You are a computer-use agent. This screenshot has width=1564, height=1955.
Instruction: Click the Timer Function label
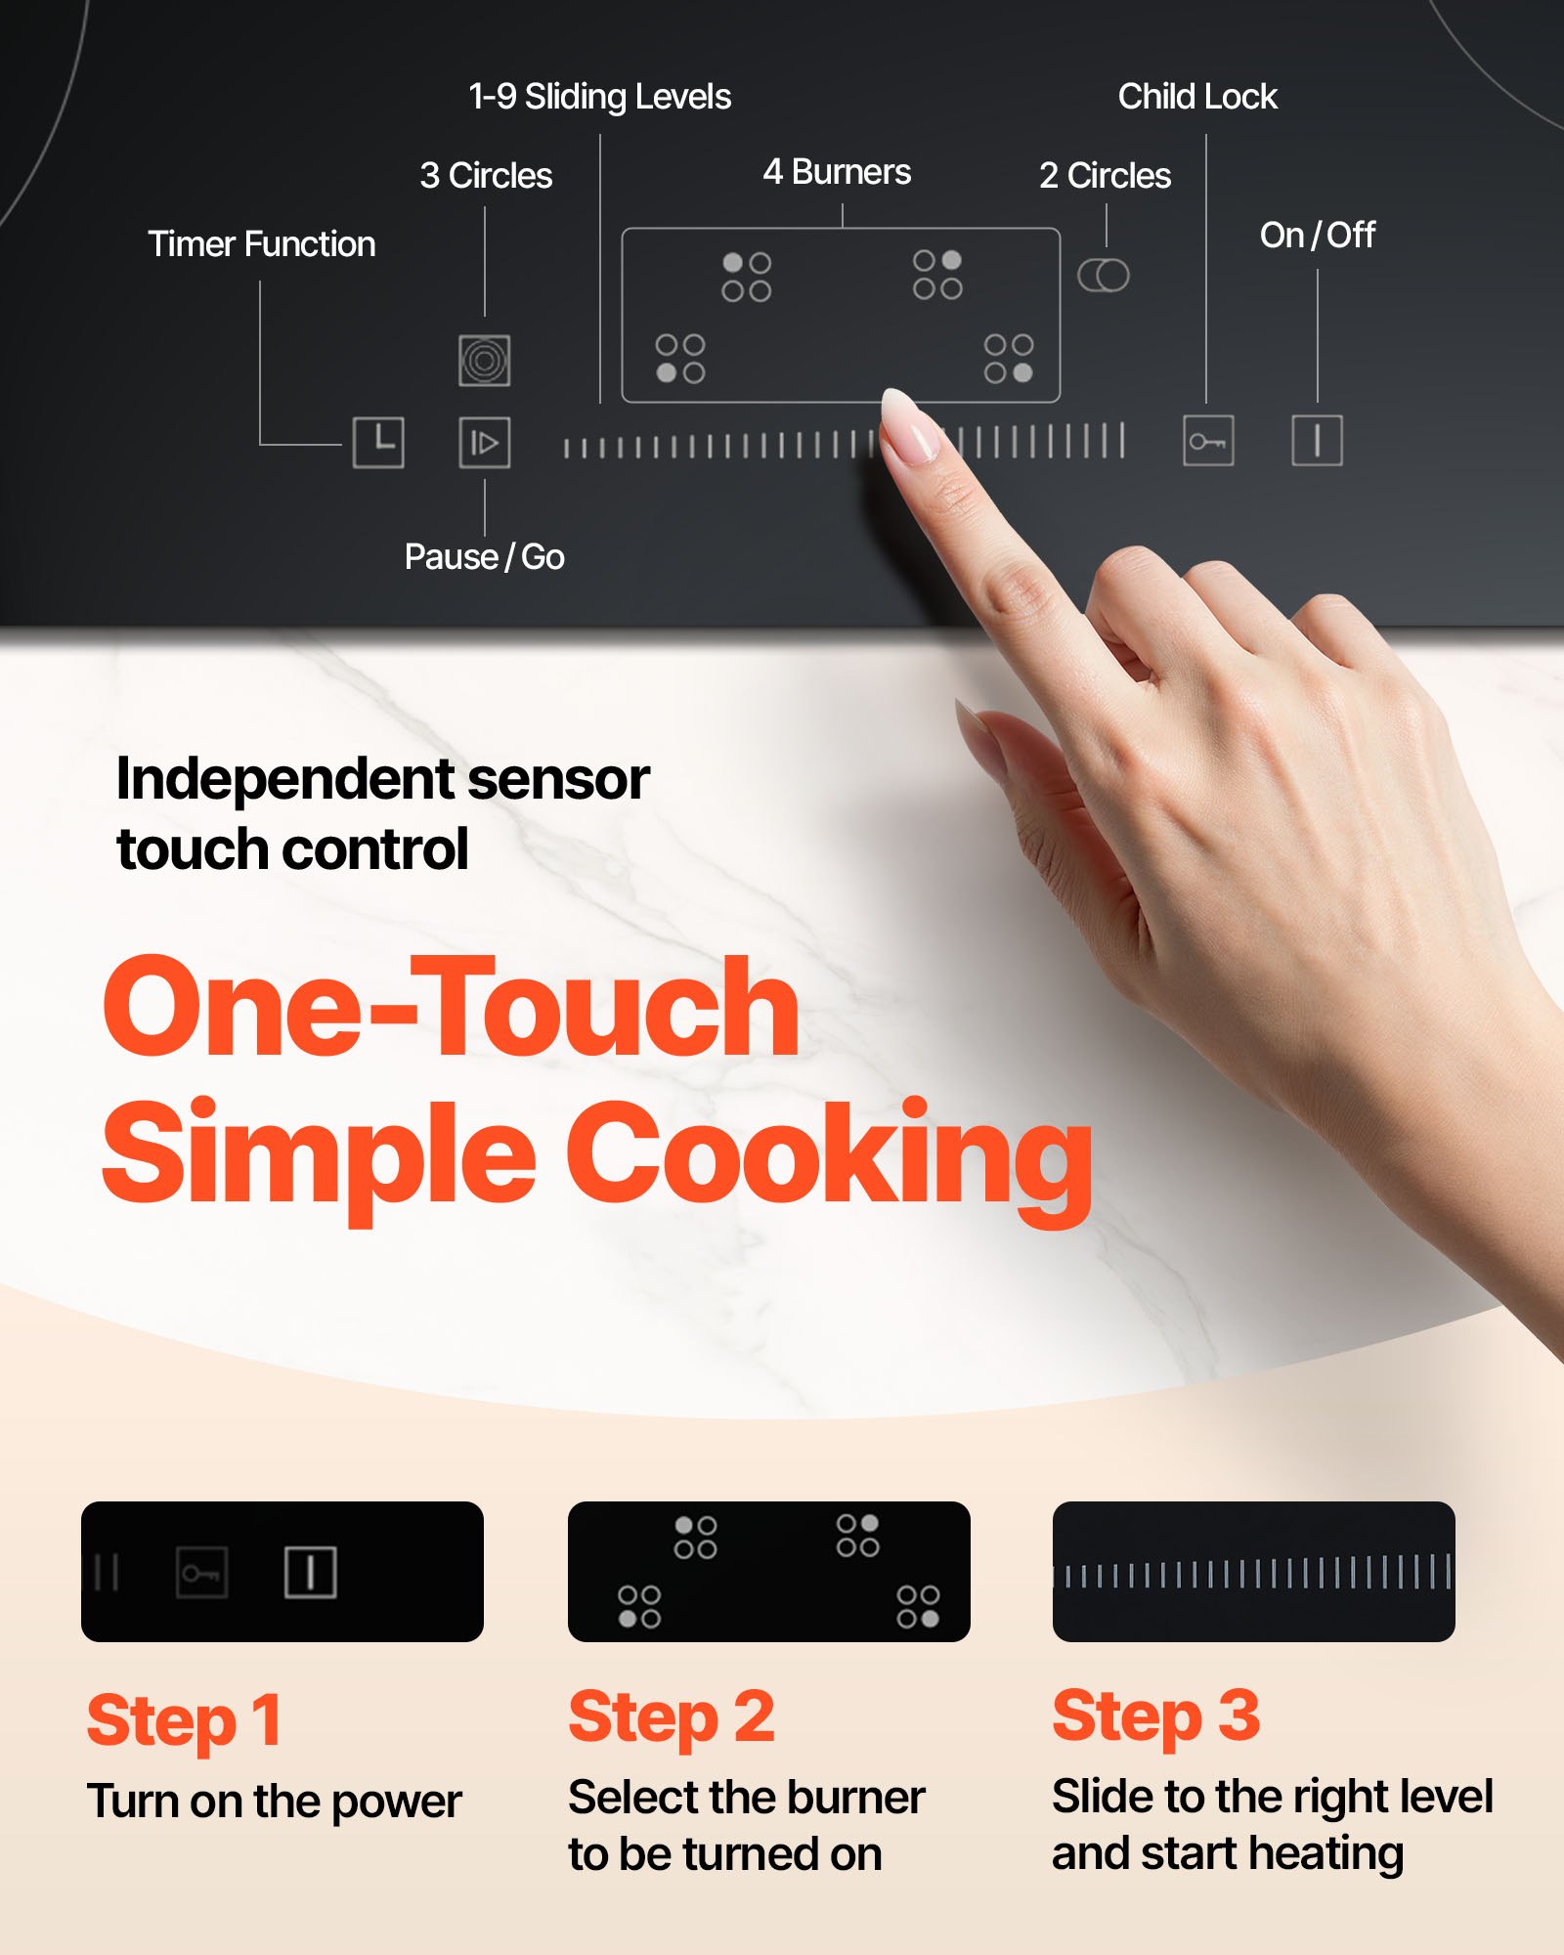point(261,244)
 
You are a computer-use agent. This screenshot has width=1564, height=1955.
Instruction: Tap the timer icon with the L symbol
point(378,442)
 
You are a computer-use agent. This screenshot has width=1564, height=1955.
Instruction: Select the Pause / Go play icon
point(485,443)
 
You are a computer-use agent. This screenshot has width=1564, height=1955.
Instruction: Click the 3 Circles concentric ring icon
point(485,361)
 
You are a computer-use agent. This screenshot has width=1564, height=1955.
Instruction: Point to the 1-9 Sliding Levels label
point(599,97)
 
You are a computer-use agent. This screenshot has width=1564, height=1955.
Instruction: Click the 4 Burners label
point(837,172)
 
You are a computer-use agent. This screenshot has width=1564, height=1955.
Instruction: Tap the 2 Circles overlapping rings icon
point(1104,276)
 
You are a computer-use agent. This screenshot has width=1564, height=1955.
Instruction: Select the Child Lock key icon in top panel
point(1208,441)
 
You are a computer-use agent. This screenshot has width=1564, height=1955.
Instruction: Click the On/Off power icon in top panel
point(1317,440)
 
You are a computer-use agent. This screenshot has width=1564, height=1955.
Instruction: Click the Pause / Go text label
point(485,557)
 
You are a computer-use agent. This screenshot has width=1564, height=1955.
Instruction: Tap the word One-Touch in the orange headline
point(452,1007)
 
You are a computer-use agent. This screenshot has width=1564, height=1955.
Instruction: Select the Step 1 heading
point(185,1721)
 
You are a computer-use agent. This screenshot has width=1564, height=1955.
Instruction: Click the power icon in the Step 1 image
point(311,1573)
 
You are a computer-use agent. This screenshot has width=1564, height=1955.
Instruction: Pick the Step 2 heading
point(672,1717)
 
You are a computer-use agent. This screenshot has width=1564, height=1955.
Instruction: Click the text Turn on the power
point(275,1802)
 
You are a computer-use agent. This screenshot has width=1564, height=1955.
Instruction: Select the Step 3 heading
point(1155,1716)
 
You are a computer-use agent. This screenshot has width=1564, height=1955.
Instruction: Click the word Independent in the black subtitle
point(283,780)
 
